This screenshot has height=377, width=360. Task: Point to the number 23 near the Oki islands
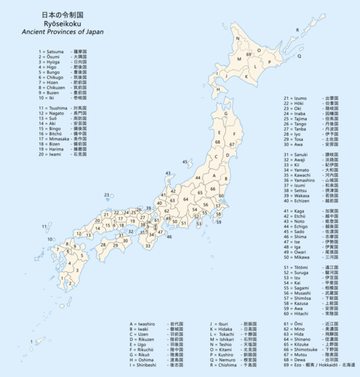point(107,195)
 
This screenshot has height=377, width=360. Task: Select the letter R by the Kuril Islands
point(297,29)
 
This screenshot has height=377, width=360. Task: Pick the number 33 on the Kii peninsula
point(148,246)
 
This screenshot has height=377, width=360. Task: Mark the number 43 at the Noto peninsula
point(168,173)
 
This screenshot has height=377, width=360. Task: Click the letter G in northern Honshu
point(225,114)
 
